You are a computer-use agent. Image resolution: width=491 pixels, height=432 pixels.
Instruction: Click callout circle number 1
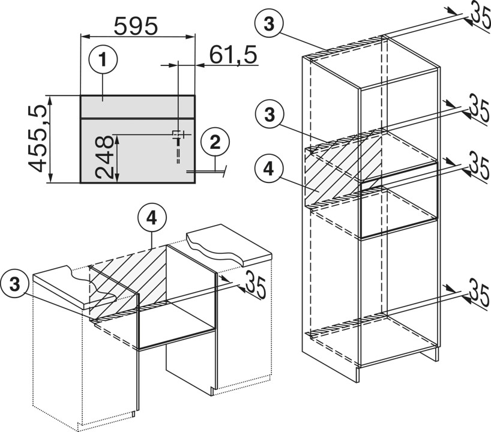point(103,61)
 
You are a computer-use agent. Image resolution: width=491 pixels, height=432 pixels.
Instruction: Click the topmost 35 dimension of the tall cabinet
point(477,16)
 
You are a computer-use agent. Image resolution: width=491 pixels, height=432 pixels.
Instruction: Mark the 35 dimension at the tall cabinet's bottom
point(477,294)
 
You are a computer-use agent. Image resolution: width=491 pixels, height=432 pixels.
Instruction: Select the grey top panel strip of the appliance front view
point(137,106)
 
